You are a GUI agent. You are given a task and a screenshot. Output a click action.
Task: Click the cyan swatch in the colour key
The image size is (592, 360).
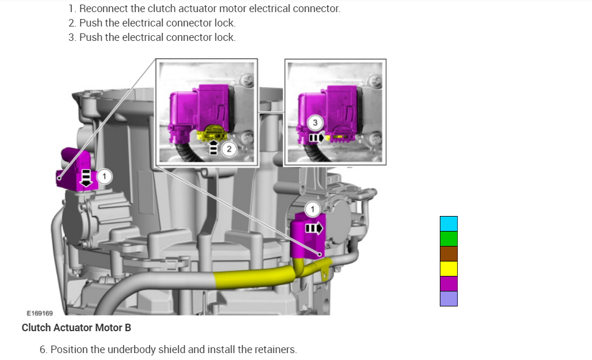tap(448, 223)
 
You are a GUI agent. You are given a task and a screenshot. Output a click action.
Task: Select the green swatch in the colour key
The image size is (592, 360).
tap(448, 238)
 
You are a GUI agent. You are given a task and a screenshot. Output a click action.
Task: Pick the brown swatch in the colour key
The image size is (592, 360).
tap(448, 253)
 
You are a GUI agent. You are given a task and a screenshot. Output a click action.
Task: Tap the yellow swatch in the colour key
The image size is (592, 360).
tap(448, 268)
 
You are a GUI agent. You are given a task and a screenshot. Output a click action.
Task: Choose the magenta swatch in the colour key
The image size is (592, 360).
tap(448, 283)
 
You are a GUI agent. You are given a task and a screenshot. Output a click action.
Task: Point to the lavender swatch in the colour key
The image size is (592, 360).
tap(448, 298)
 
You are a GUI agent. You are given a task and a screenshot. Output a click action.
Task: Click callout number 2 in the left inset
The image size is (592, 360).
tap(229, 149)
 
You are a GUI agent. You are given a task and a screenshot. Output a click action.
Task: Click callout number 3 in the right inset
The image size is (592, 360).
tap(315, 123)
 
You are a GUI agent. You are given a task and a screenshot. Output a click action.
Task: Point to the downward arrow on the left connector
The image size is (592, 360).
tap(86, 178)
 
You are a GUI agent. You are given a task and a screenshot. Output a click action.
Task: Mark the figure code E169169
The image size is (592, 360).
tap(40, 313)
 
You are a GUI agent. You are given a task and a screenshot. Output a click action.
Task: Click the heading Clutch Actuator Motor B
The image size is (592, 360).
tap(76, 328)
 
